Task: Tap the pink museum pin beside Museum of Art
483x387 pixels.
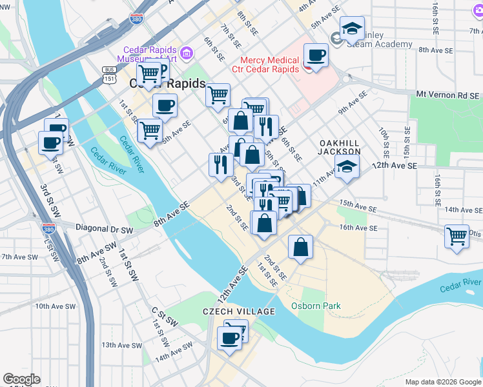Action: (x=187, y=52)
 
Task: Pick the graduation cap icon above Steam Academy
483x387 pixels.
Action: (x=352, y=30)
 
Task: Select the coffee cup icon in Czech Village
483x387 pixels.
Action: (x=229, y=337)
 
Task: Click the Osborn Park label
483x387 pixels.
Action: (x=316, y=306)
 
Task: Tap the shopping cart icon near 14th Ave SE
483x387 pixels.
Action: (x=457, y=236)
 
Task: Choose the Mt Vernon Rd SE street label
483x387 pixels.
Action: (x=448, y=95)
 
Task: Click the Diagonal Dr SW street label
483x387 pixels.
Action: (x=104, y=229)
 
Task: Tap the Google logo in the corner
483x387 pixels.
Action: (x=21, y=379)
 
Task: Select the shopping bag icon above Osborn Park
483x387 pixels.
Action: (x=301, y=248)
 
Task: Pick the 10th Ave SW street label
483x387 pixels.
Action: (x=57, y=306)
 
